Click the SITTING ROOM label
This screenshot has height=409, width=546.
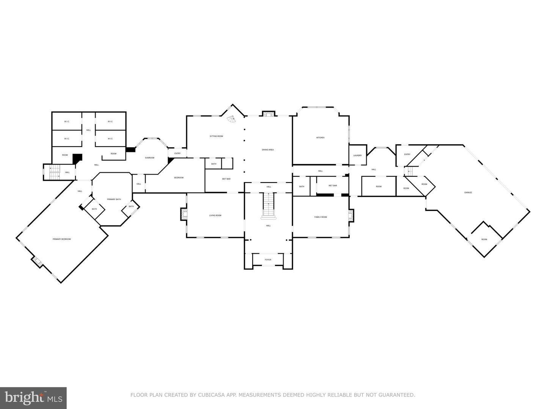point(216,136)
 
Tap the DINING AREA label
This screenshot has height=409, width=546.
point(268,150)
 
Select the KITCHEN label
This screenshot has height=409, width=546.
point(320,137)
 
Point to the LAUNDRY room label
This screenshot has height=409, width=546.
point(357,155)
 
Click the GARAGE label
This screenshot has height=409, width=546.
point(468,192)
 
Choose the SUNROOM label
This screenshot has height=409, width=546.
point(149,158)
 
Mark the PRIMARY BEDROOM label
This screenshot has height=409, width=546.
point(61,239)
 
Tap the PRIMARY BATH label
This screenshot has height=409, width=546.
point(114,199)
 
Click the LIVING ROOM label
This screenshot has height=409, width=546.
point(215,215)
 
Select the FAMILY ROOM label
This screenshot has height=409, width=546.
point(320,217)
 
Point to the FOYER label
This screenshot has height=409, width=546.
point(268,259)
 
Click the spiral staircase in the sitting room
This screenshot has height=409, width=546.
point(231,119)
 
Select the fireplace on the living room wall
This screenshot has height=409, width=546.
point(184,215)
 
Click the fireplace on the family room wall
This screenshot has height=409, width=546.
point(351,216)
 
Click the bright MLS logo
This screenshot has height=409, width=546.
point(33,398)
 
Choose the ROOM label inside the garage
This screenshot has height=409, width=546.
point(484,239)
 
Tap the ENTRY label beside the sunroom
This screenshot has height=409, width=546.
point(177,153)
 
